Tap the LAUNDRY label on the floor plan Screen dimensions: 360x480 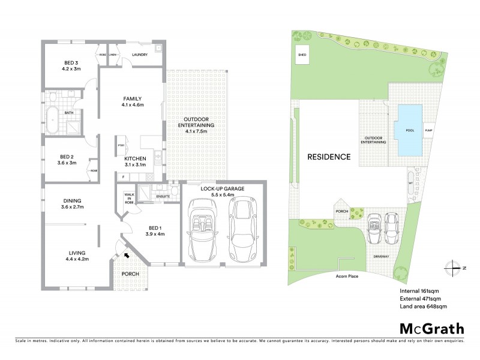[x=140, y=55]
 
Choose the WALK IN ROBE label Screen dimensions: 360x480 [x=128, y=198]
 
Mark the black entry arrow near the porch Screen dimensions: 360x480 [x=126, y=255]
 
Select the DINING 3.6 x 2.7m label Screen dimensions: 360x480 [x=72, y=204]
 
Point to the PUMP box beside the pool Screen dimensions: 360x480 [x=428, y=130]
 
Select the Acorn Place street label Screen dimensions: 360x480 [x=352, y=277]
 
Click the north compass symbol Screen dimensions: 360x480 [x=454, y=267]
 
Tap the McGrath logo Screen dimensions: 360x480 [x=431, y=328]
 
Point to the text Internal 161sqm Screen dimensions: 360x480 [x=419, y=291]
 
